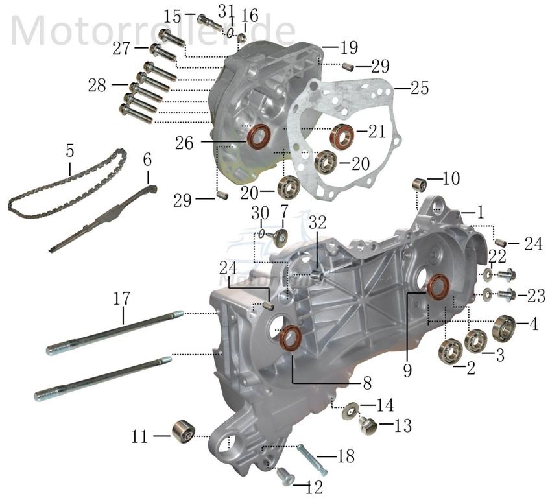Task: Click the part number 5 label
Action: (69, 151)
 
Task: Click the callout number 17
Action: (121, 299)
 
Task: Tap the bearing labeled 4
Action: (503, 327)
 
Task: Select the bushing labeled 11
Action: (183, 431)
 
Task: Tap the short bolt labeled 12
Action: (284, 478)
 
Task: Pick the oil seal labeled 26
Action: (260, 138)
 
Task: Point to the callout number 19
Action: (349, 47)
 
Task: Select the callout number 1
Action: (481, 212)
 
